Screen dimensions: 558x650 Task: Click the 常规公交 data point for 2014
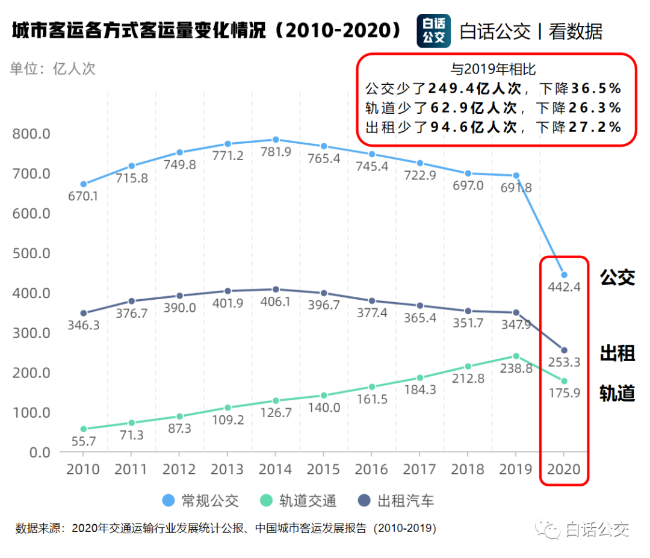click(276, 140)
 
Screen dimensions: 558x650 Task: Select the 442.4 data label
click(564, 288)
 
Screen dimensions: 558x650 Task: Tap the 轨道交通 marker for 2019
click(516, 356)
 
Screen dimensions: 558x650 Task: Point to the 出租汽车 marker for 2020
click(564, 350)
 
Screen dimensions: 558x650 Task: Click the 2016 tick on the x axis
click(371, 470)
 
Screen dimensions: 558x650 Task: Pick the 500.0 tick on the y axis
click(31, 253)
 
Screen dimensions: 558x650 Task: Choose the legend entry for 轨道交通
click(299, 501)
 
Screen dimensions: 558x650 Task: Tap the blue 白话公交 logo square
click(433, 31)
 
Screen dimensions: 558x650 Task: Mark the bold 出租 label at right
click(617, 353)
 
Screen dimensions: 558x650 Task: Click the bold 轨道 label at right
click(617, 392)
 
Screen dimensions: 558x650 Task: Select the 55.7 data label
click(84, 441)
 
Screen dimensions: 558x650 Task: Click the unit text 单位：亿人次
click(52, 68)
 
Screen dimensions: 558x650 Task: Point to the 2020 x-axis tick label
click(564, 470)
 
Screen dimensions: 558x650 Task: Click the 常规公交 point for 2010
click(84, 184)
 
